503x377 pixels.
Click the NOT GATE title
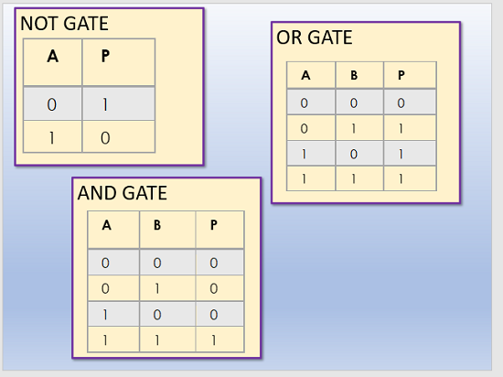coord(65,24)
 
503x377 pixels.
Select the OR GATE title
coord(315,38)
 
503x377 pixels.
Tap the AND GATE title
coord(123,193)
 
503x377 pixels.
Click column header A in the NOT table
coord(53,57)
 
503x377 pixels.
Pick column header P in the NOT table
coord(105,57)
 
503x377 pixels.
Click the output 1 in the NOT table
coord(105,104)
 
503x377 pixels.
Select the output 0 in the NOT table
coord(105,138)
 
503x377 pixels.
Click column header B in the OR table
coord(354,75)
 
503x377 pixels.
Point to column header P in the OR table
coord(401,75)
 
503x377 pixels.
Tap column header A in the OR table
coord(305,75)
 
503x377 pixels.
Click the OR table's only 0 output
coord(401,103)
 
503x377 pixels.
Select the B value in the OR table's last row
coord(354,179)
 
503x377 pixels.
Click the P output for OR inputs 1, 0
coord(401,155)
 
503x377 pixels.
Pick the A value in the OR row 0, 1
coord(305,129)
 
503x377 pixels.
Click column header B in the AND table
coord(157,225)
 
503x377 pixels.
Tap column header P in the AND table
coord(214,225)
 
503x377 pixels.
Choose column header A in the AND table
coord(107,225)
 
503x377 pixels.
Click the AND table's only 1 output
coord(214,340)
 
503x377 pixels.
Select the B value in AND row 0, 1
coord(157,289)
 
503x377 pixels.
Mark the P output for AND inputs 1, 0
coord(214,315)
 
